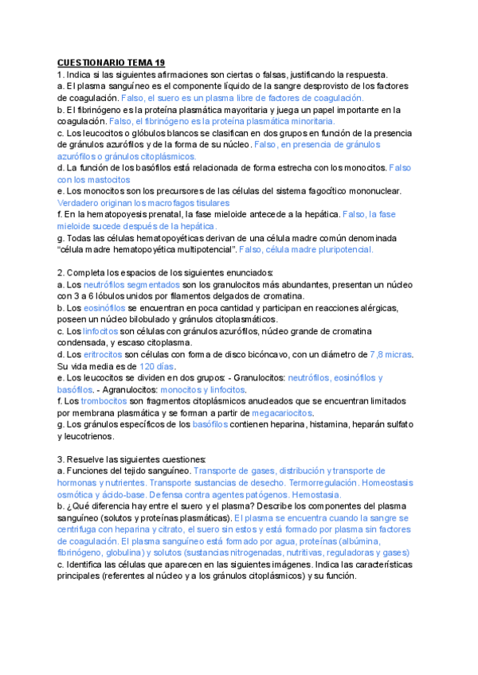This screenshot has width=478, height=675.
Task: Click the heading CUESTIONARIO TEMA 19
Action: pyautogui.click(x=111, y=62)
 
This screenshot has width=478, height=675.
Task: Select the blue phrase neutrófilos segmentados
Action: pyautogui.click(x=132, y=284)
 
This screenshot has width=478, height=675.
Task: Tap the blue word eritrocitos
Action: pyautogui.click(x=105, y=354)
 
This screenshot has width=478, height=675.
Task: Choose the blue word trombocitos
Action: pyautogui.click(x=105, y=401)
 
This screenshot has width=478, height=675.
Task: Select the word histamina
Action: pyautogui.click(x=323, y=424)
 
